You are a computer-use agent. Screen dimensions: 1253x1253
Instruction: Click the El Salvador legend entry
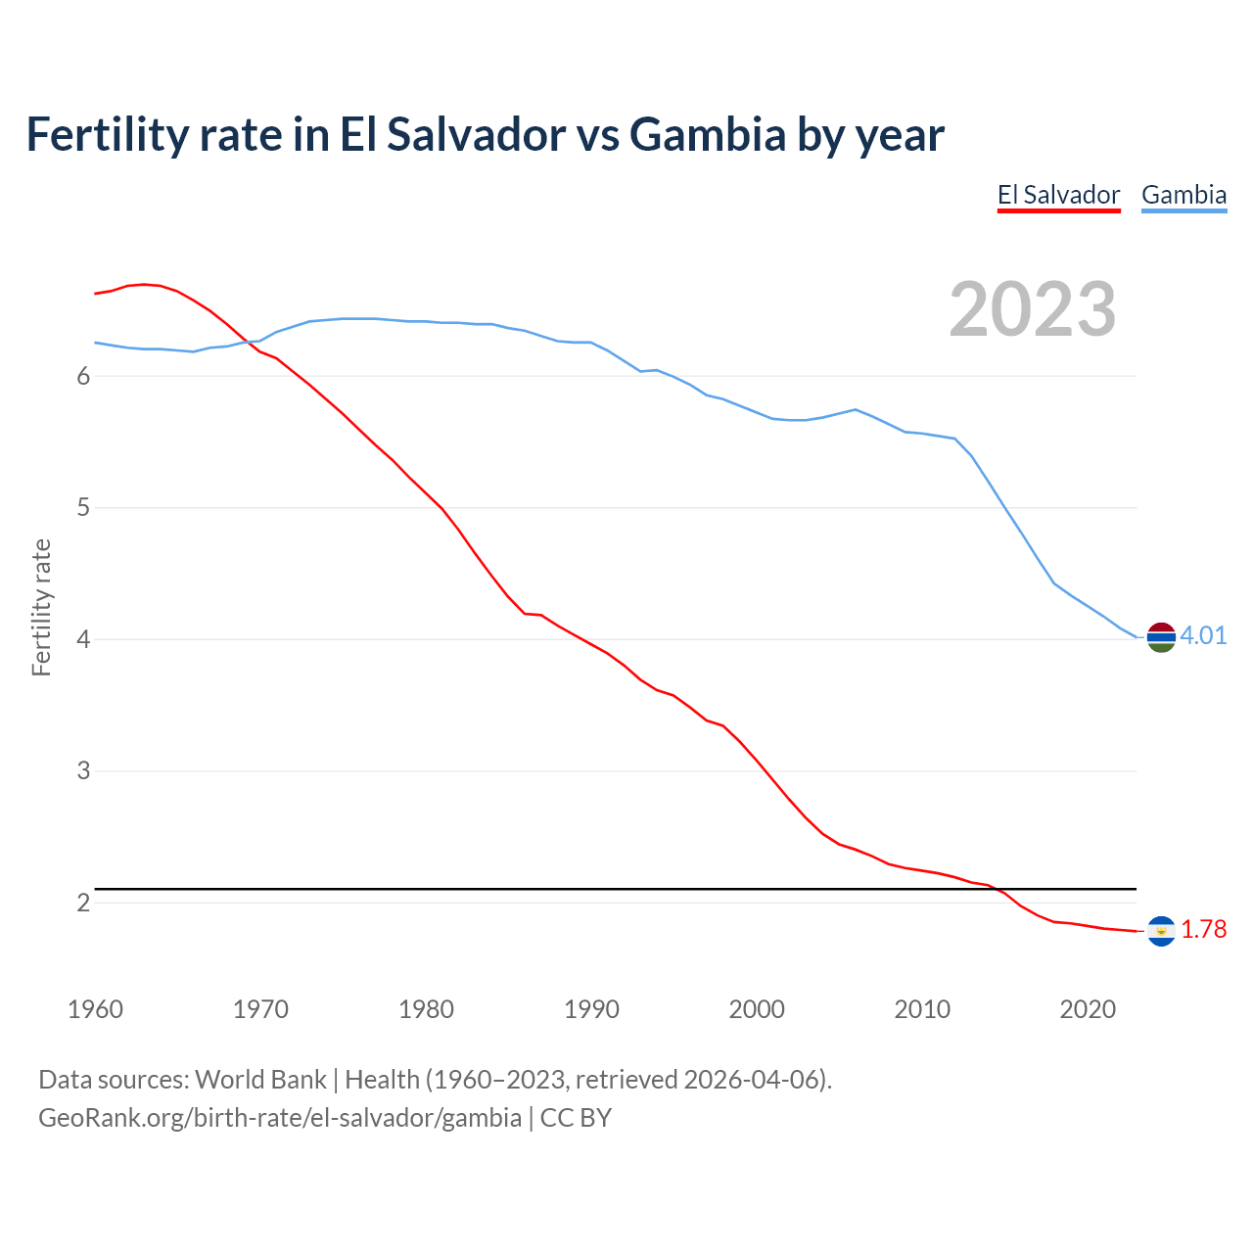(1058, 195)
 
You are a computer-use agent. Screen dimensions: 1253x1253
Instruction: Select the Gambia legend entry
(1183, 195)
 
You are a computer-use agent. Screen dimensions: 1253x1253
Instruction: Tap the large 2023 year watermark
(1033, 309)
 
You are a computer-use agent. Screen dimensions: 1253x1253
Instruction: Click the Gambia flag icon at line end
(1161, 636)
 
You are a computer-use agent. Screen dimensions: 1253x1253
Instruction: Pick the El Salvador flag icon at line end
(1161, 931)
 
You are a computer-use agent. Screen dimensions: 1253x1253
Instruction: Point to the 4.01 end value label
(1203, 636)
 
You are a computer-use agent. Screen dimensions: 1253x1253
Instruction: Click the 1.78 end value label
(1203, 930)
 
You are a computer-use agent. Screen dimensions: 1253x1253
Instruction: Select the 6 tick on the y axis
(83, 377)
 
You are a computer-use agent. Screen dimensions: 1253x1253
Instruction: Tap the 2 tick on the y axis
(83, 903)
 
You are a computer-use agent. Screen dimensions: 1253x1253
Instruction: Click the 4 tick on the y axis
(83, 639)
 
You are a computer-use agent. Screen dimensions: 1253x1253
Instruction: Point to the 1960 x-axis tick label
(95, 1009)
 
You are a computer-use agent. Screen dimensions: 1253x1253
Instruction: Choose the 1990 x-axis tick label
(591, 1009)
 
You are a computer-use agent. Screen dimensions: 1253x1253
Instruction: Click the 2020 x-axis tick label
(1088, 1009)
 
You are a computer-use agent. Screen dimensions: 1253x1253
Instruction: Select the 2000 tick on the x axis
(757, 1009)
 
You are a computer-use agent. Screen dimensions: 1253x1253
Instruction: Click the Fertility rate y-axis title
(41, 607)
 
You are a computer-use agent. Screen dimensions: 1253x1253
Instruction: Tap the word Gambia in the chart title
(707, 134)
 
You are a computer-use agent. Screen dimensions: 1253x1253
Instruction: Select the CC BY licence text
(576, 1118)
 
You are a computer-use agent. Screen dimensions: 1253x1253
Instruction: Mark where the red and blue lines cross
(247, 342)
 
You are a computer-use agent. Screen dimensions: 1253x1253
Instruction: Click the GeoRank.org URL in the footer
(280, 1118)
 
